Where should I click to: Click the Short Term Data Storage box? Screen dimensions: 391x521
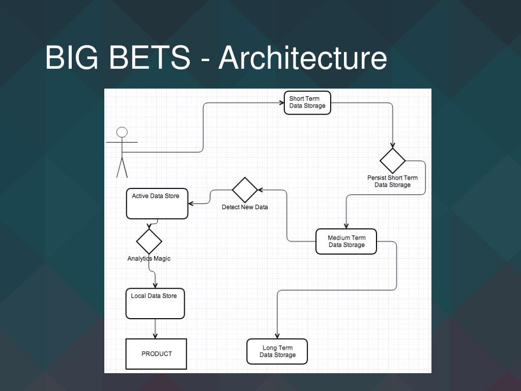(307, 102)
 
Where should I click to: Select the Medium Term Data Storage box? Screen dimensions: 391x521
(346, 241)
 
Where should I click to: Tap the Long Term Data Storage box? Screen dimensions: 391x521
(277, 351)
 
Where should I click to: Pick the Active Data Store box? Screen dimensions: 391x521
(157, 204)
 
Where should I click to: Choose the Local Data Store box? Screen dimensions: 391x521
(155, 303)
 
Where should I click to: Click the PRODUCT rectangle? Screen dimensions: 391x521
(156, 354)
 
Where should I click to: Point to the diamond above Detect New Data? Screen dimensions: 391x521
(245, 190)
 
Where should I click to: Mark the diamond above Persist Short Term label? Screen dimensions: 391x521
(393, 161)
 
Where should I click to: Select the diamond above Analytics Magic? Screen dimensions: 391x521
(149, 241)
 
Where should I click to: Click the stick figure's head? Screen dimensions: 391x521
(122, 132)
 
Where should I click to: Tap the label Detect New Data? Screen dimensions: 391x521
(245, 207)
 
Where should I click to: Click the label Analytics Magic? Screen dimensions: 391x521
(149, 259)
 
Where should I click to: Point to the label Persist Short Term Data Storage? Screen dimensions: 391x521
(392, 181)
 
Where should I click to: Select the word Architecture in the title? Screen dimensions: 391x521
(303, 58)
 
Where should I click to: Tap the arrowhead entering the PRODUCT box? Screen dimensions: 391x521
(155, 336)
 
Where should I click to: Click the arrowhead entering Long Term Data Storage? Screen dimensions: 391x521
(277, 336)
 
